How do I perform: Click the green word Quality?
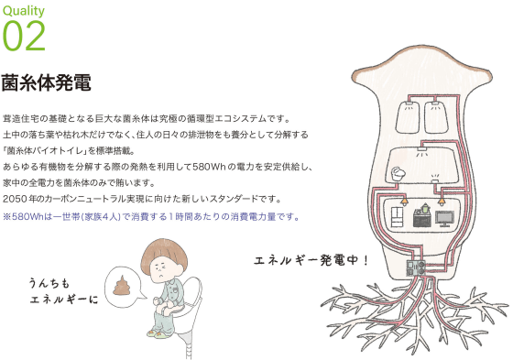point(24,10)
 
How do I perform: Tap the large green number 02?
point(24,36)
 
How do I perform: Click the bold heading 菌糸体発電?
point(47,82)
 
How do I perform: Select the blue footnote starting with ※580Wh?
point(151,217)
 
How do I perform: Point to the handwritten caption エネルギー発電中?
point(311,260)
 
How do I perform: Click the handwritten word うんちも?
point(49,283)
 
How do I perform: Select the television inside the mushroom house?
point(444,219)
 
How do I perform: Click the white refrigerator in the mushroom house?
point(398,217)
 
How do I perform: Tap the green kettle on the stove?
point(424,208)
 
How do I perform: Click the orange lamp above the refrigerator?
point(404,201)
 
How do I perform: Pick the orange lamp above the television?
point(442,201)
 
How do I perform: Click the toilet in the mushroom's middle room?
point(398,173)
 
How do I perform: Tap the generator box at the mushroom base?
point(416,268)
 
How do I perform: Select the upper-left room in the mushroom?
point(409,117)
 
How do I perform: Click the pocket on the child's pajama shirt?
point(175,290)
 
